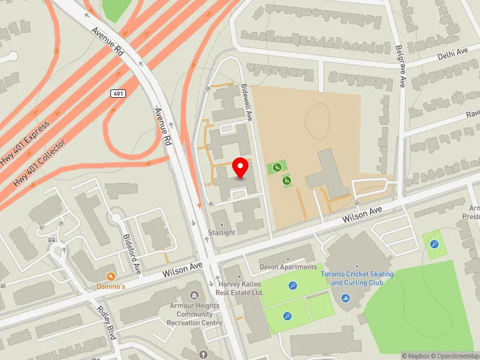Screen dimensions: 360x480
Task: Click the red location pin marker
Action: [241, 168]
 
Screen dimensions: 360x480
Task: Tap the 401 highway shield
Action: [117, 94]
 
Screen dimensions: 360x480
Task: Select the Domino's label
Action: [111, 286]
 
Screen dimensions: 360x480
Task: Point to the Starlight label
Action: [221, 233]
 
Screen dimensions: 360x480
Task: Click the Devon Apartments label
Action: [288, 267]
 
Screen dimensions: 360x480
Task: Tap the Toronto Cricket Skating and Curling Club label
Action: [357, 278]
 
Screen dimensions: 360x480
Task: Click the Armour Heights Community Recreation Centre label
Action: [194, 314]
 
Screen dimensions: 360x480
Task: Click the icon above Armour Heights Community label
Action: [194, 295]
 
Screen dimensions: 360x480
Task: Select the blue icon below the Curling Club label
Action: [346, 298]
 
